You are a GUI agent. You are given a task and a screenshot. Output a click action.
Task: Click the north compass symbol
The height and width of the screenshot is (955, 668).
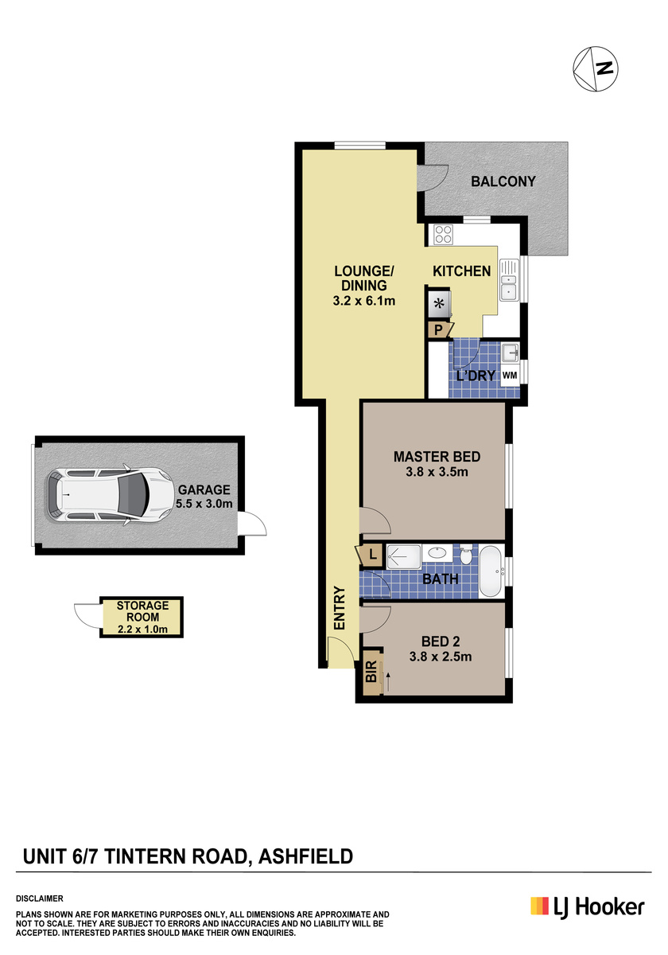tap(595, 68)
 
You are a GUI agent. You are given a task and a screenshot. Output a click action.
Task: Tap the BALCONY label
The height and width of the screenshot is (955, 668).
tap(503, 181)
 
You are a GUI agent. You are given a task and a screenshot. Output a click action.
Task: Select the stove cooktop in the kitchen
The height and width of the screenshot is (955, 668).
tap(443, 235)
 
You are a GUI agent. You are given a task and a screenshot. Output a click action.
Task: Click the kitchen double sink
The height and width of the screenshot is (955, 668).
tap(509, 279)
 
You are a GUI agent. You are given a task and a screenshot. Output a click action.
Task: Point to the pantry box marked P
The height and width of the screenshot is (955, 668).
tap(439, 330)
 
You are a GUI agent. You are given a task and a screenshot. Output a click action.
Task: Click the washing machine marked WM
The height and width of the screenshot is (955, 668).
tap(510, 375)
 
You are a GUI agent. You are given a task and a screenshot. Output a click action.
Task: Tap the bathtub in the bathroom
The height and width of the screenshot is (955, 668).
tap(491, 571)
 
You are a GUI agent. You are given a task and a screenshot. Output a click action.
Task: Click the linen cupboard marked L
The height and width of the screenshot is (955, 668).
tap(371, 555)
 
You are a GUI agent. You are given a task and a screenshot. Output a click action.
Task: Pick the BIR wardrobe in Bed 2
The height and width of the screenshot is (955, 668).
tap(371, 672)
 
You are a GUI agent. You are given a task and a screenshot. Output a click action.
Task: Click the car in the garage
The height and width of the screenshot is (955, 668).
tap(110, 494)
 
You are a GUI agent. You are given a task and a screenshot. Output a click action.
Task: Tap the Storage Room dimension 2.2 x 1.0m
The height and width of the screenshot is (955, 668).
tap(142, 629)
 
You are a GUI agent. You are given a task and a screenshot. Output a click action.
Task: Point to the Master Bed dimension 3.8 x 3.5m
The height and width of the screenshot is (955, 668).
tap(437, 472)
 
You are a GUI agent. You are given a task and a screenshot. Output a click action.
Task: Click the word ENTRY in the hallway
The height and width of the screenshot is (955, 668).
tap(340, 608)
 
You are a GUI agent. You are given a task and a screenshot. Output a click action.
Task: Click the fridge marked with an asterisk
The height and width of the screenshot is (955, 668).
tap(439, 304)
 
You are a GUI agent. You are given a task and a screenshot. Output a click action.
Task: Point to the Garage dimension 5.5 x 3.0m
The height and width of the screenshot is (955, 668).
tap(204, 504)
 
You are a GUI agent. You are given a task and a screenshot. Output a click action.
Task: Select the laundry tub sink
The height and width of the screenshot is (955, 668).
tap(510, 353)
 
